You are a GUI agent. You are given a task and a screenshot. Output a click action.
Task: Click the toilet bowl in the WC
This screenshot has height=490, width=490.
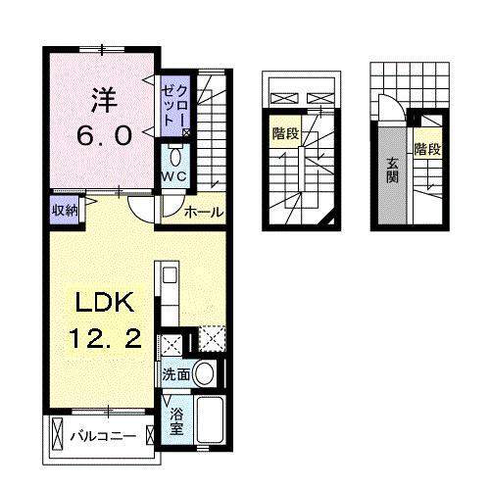tap(175, 156)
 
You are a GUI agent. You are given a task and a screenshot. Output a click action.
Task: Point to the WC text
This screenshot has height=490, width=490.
tap(174, 177)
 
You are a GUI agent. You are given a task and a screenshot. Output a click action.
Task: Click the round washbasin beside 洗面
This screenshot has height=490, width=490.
tap(205, 372)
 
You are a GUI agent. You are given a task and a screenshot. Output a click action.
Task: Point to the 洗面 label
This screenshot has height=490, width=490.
tap(176, 373)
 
